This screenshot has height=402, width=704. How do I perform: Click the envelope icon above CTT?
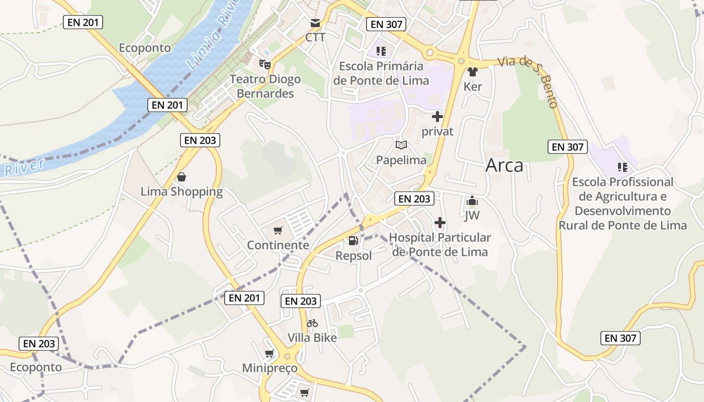pos(315,23)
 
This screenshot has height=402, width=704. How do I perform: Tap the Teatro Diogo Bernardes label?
pos(265,86)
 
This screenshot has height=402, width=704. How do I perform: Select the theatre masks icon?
pos(265,64)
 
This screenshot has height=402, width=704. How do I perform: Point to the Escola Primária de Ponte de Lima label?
pos(381,73)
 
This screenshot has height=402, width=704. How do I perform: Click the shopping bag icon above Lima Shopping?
pos(182,177)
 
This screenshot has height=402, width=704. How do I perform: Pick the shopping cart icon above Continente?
pos(278,231)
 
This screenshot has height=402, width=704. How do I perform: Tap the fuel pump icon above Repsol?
pos(354,241)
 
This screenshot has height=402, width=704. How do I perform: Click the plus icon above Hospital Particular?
pos(440,222)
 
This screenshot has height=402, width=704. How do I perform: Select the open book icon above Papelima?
pos(401,145)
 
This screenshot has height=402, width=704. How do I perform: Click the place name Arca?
pos(504,166)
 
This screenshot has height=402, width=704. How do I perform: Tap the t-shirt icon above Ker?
pos(472,72)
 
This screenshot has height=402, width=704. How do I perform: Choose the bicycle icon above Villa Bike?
pos(312,323)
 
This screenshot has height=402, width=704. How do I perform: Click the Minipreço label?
pos(270,368)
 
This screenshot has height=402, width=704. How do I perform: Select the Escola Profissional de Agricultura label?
pos(623,203)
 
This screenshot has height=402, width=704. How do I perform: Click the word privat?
pos(437,132)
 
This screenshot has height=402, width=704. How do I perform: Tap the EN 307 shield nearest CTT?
pos(386,24)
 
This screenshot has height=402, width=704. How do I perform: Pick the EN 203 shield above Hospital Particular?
pos(414,198)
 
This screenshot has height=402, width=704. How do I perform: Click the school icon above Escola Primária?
pos(381,51)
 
